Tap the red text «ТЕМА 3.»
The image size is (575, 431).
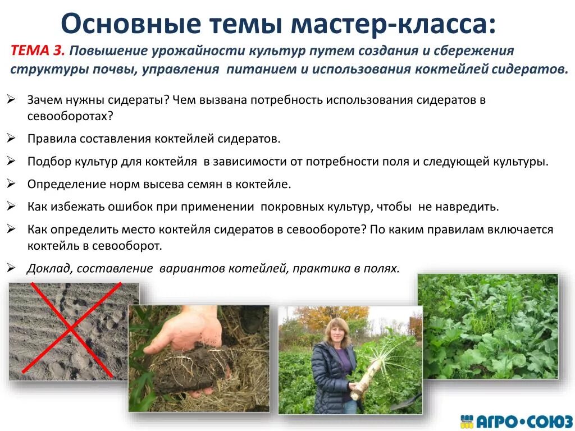tap(38, 51)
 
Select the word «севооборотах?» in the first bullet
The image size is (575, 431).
tap(70, 117)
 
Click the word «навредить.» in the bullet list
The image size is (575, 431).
tap(471, 207)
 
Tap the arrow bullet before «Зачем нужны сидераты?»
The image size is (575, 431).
tap(11, 100)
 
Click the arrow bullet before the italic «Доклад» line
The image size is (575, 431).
tap(11, 268)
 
